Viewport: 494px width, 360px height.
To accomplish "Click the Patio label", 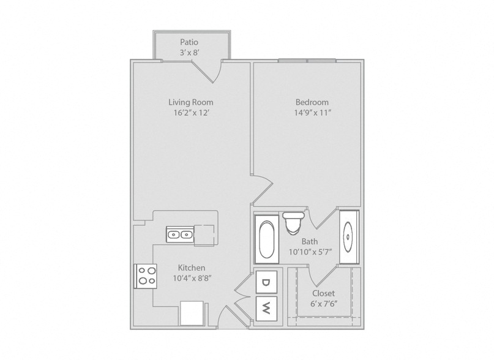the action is pyautogui.click(x=189, y=42).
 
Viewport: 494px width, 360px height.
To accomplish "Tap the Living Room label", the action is pyautogui.click(x=190, y=102).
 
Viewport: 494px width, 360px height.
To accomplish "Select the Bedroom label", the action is pyautogui.click(x=312, y=102).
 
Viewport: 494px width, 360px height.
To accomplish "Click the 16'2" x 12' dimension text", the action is pyautogui.click(x=192, y=113).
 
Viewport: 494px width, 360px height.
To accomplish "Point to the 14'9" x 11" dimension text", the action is pyautogui.click(x=313, y=113).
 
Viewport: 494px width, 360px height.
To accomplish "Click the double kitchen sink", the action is pyautogui.click(x=180, y=234).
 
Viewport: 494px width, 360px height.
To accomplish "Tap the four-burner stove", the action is pyautogui.click(x=146, y=276).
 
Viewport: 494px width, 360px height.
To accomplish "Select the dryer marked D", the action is pyautogui.click(x=266, y=282).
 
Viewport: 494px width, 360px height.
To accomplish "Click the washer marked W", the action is pyautogui.click(x=266, y=309).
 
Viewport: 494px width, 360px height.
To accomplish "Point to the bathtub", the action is pyautogui.click(x=266, y=239).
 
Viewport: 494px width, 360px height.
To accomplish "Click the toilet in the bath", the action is pyautogui.click(x=293, y=223).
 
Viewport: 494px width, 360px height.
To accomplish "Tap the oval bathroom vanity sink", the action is pyautogui.click(x=348, y=237).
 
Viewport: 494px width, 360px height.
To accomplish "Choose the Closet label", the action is pyautogui.click(x=324, y=293).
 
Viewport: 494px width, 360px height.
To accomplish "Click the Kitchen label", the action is pyautogui.click(x=192, y=268).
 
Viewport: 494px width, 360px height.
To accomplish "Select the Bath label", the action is pyautogui.click(x=310, y=241).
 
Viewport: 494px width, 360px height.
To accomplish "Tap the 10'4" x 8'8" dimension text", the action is pyautogui.click(x=192, y=279).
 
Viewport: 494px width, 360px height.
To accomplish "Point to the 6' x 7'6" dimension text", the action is pyautogui.click(x=324, y=304).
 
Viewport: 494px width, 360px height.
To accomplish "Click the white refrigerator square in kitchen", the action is pyautogui.click(x=192, y=313).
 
